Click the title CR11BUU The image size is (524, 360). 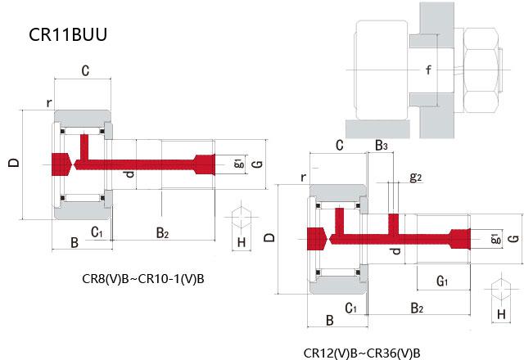click(68, 36)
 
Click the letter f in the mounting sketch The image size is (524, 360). click(428, 70)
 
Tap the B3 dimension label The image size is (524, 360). click(382, 146)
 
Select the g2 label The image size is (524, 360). click(415, 177)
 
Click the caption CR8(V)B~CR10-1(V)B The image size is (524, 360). click(143, 278)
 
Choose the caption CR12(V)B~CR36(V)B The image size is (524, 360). click(361, 353)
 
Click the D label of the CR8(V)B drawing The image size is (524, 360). click(13, 163)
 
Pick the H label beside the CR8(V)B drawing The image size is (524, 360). click(241, 242)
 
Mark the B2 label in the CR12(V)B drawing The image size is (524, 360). click(416, 308)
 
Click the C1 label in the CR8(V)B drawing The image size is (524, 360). click(96, 233)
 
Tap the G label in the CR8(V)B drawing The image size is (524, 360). click(257, 164)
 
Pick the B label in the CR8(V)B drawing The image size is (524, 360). click(74, 242)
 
